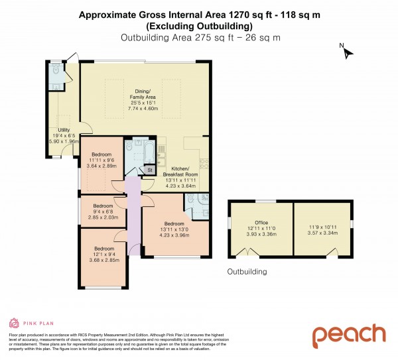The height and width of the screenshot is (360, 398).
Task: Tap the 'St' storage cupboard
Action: coord(150,170)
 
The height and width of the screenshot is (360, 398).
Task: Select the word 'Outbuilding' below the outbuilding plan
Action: coord(247,272)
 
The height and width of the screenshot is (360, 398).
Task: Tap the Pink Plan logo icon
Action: coord(13,323)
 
